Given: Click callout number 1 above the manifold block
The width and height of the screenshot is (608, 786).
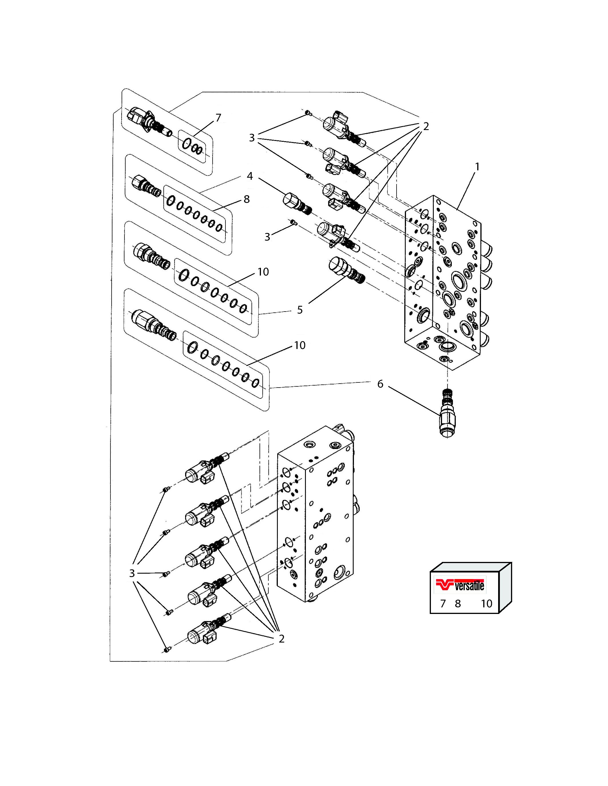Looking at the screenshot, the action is (477, 167).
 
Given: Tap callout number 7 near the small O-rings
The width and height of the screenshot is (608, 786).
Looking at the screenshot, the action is (218, 118).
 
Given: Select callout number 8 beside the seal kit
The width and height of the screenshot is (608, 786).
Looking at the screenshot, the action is (247, 199).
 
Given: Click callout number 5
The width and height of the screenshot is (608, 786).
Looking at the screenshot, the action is (300, 310).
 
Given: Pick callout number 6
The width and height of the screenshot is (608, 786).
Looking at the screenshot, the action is (380, 384).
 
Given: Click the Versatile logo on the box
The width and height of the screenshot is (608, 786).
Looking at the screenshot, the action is (460, 586).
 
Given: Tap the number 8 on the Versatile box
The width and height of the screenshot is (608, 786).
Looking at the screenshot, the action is (458, 604).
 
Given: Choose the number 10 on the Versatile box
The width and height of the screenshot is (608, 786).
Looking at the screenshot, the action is (487, 604).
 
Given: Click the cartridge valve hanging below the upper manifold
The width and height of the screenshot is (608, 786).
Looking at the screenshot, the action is (447, 413).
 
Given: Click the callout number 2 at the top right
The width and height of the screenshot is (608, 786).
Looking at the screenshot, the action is (426, 126).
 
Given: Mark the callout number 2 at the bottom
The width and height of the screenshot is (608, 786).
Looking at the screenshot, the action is (282, 639).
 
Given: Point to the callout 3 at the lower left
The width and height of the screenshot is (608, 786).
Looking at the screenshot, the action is (132, 573).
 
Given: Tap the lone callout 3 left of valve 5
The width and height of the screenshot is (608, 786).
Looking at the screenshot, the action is (267, 237).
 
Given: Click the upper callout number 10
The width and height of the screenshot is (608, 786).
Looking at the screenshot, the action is (263, 272).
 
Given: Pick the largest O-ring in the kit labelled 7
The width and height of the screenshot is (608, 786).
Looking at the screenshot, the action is (186, 143).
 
